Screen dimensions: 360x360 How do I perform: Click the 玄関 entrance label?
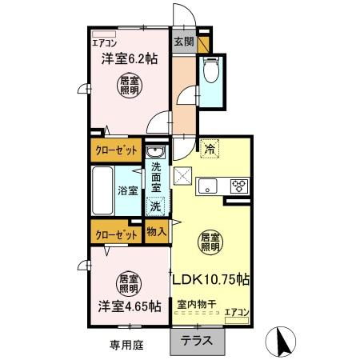point(183,39)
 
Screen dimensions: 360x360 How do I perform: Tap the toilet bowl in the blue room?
point(211,73)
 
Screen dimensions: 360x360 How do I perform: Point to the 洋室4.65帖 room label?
point(129,306)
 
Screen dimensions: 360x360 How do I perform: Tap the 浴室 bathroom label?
point(127,190)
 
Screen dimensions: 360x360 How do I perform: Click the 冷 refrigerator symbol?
point(210,148)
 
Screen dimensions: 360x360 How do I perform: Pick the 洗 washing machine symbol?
point(155,206)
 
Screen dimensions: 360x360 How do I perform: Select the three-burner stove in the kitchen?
point(238,186)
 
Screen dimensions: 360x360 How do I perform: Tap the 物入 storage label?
point(156,232)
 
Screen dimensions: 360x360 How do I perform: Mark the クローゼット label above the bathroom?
point(116,150)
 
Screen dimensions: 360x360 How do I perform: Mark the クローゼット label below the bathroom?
point(116,234)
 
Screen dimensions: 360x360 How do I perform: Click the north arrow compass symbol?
point(282,342)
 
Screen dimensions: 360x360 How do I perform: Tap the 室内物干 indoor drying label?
point(195,305)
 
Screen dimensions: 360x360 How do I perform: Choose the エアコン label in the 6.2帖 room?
point(103,43)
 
